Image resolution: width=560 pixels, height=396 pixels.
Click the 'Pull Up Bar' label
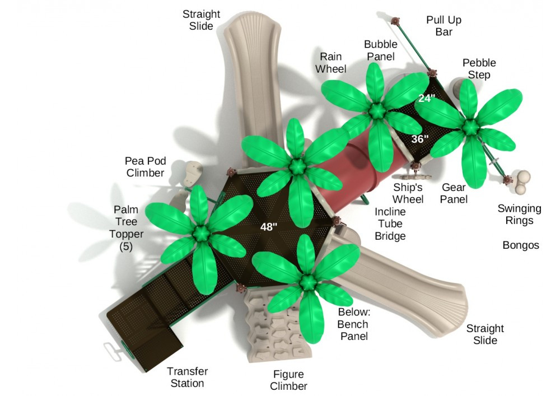pyautogui.click(x=444, y=26)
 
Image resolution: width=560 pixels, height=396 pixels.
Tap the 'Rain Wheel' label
pyautogui.click(x=330, y=63)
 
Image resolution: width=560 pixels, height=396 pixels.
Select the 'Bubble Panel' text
pyautogui.click(x=380, y=50)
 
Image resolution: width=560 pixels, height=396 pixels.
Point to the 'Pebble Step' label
pyautogui.click(x=479, y=69)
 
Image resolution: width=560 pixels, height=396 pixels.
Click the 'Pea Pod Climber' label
pyautogui.click(x=145, y=167)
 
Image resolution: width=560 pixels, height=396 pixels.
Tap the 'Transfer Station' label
pyautogui.click(x=187, y=377)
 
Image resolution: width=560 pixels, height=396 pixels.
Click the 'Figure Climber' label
pyautogui.click(x=288, y=380)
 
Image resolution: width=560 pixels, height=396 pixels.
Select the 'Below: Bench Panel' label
pyautogui.click(x=353, y=324)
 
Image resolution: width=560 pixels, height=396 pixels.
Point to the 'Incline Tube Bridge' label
pyautogui.click(x=390, y=224)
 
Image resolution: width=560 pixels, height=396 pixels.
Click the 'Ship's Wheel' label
pyautogui.click(x=408, y=193)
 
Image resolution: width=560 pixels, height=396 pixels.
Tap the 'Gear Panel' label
pyautogui.click(x=454, y=193)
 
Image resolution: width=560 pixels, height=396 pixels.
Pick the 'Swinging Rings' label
pyautogui.click(x=519, y=214)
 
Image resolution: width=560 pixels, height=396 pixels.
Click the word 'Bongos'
pyautogui.click(x=520, y=245)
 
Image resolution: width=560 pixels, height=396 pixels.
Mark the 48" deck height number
pyautogui.click(x=269, y=227)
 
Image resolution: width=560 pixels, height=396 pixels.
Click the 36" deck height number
pyautogui.click(x=419, y=139)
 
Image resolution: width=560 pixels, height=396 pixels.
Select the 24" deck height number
pyautogui.click(x=427, y=98)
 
